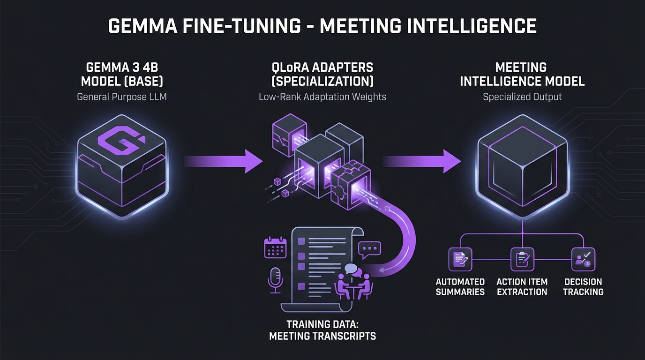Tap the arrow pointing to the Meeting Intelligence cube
[422, 161]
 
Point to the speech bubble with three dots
[370, 249]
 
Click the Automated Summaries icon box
[460, 259]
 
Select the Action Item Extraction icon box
[522, 259]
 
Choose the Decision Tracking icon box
[583, 259]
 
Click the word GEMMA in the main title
[140, 26]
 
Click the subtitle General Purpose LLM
[122, 97]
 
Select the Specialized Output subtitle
[522, 97]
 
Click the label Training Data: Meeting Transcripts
[322, 330]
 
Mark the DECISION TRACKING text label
[583, 286]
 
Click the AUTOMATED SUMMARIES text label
[460, 286]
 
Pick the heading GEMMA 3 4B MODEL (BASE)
[122, 74]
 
